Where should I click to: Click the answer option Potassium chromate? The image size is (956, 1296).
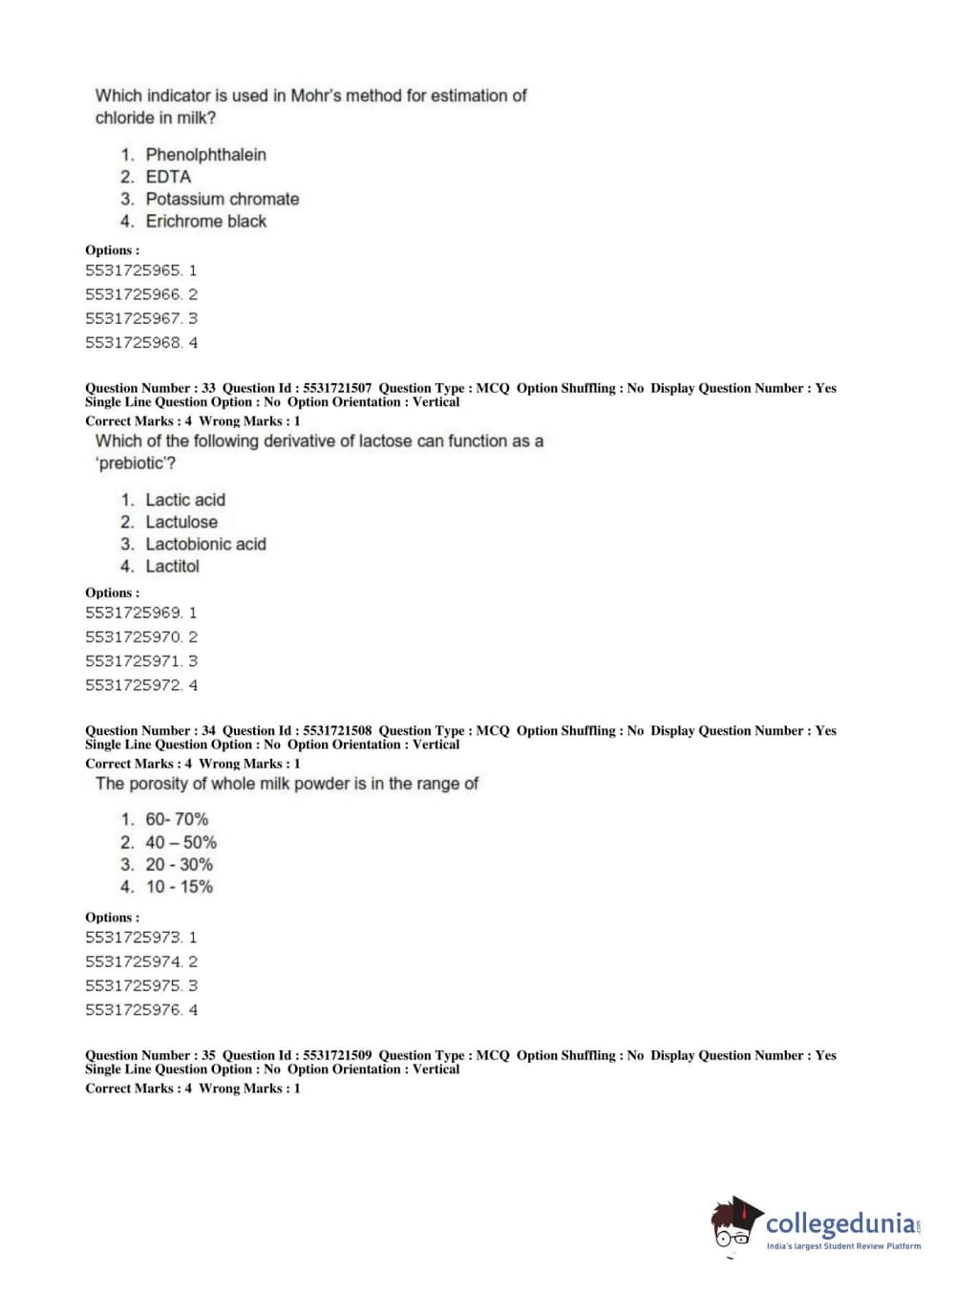[222, 199]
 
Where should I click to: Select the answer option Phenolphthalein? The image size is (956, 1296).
[205, 155]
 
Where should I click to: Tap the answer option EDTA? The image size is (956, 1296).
[168, 177]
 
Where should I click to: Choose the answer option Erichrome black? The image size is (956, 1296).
[205, 221]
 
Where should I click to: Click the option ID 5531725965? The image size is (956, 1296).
[133, 270]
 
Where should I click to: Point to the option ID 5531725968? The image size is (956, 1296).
[133, 342]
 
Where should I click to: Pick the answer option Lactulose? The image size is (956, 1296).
[181, 522]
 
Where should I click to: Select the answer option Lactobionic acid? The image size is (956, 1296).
[205, 544]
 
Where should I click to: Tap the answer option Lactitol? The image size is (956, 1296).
[172, 566]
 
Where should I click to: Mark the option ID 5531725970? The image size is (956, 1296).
[133, 637]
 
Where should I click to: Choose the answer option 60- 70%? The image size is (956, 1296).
[177, 819]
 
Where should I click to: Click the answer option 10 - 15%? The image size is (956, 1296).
[179, 887]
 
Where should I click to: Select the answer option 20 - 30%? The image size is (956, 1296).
[179, 864]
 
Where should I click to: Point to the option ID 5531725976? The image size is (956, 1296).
[133, 1009]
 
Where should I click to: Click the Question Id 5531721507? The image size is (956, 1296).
[337, 388]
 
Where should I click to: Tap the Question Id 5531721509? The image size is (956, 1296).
[337, 1055]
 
